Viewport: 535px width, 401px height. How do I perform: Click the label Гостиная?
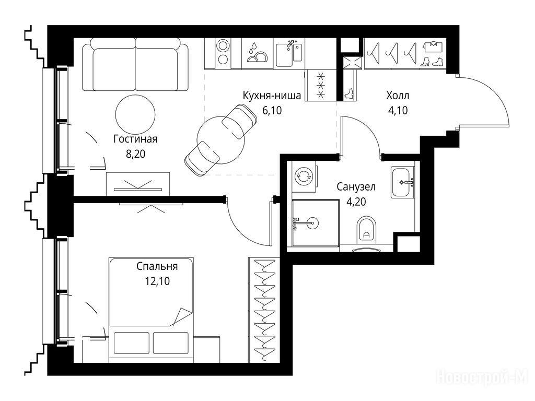[135, 139]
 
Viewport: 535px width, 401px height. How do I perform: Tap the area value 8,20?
[135, 154]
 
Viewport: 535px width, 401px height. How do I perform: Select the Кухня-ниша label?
[272, 96]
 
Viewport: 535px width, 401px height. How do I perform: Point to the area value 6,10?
[272, 110]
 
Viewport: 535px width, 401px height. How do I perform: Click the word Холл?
[398, 96]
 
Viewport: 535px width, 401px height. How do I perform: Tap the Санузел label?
[356, 187]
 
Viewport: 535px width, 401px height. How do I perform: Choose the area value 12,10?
[157, 281]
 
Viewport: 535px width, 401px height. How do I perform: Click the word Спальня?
[157, 266]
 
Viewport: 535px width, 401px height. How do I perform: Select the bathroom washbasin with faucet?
[403, 182]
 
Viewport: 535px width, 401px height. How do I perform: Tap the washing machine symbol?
[304, 176]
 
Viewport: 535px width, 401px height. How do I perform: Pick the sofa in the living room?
[135, 64]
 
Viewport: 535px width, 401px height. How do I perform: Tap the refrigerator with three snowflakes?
[320, 85]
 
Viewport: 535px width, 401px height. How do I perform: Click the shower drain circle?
[312, 223]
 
